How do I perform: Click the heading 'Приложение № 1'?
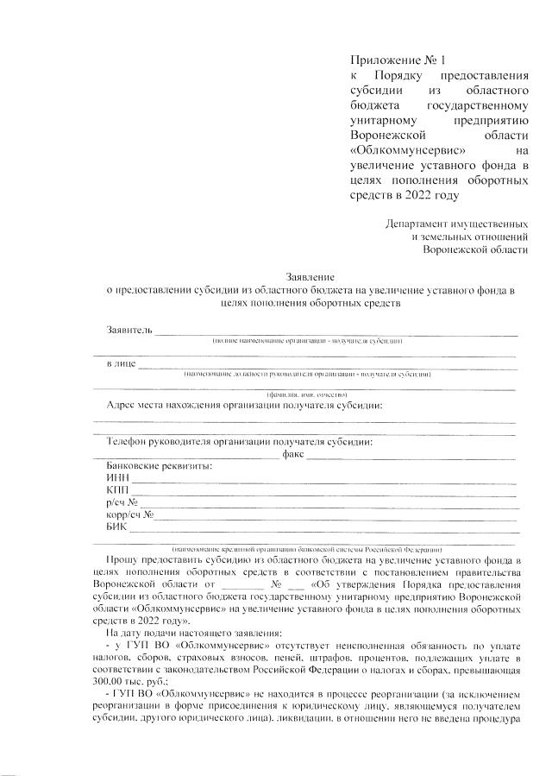390,60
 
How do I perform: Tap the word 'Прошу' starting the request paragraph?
124,560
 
